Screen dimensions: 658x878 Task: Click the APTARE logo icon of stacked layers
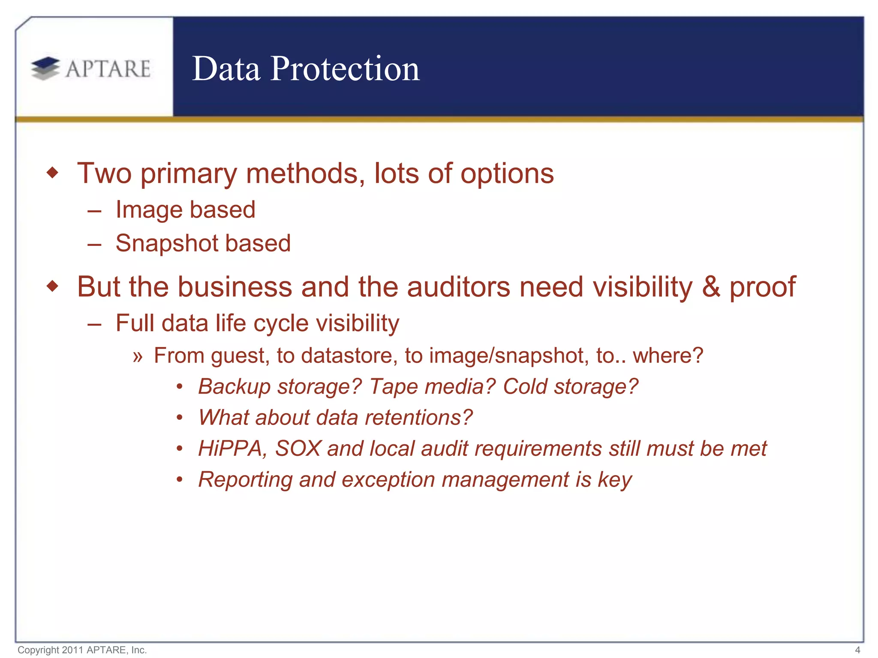tap(45, 69)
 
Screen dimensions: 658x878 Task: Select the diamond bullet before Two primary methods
tap(52, 173)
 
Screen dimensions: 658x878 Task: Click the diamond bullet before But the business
tap(52, 286)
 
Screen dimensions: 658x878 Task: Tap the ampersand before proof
tap(711, 286)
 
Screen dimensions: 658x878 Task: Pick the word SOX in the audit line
tap(298, 449)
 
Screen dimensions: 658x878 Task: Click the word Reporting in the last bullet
tap(245, 479)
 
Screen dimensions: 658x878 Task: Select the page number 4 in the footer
tap(857, 650)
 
